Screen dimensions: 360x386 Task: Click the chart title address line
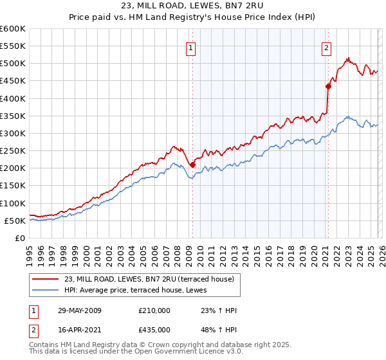(x=192, y=8)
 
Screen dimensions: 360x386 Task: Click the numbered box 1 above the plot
(x=192, y=47)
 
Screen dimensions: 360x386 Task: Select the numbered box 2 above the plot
(x=326, y=47)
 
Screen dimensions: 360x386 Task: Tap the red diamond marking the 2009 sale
(x=192, y=165)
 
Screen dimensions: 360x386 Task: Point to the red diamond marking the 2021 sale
(x=328, y=86)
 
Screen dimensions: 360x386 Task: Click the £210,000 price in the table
(x=154, y=310)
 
